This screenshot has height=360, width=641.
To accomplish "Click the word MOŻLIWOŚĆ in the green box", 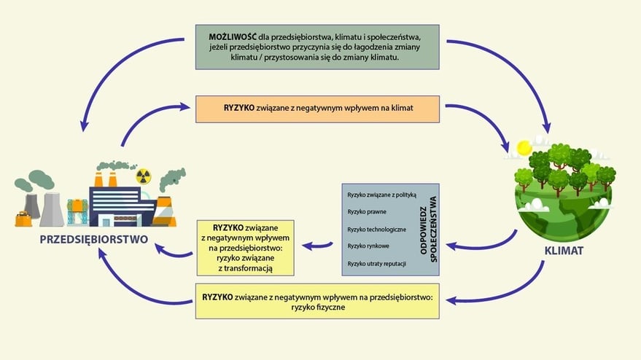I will (232, 36).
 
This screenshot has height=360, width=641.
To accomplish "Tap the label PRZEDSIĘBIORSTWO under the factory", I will (94, 239).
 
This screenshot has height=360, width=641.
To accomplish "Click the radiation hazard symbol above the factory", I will (143, 176).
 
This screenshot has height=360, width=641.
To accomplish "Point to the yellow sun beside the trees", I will (522, 148).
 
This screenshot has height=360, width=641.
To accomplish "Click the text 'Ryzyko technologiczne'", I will (376, 229).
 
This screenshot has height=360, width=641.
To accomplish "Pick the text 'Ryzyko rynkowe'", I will (368, 246).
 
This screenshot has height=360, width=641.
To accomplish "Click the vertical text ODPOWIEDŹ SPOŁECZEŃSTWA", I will (427, 229).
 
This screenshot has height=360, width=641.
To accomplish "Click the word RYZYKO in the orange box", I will (239, 108).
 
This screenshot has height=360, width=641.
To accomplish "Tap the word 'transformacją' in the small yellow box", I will (246, 268).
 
